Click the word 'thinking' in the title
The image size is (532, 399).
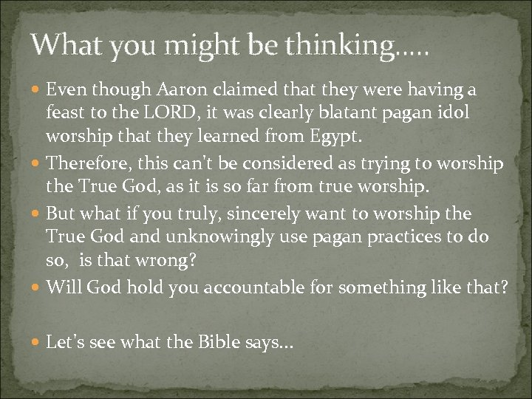coord(342,47)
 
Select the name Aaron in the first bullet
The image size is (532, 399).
coord(176,90)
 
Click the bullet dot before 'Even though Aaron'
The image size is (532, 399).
coord(37,91)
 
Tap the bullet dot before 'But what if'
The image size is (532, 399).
coord(37,215)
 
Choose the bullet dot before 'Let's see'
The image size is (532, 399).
coord(37,344)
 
